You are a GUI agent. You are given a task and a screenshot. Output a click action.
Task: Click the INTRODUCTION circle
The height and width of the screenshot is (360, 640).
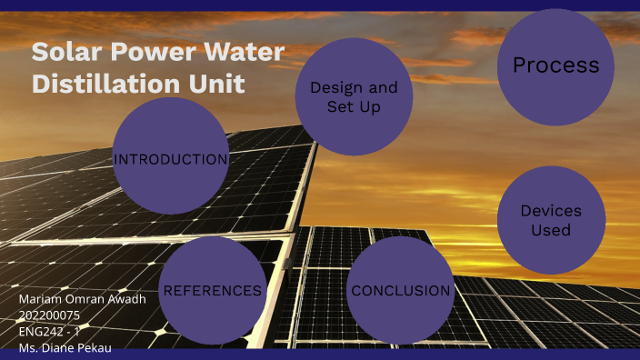coord(170,159)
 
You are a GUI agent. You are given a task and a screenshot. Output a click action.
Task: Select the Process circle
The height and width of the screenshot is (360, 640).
coord(555,66)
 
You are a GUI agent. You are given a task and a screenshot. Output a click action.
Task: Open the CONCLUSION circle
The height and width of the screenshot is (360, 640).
coord(401,291)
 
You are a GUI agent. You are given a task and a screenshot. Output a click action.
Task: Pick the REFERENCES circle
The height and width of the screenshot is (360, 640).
coord(212,291)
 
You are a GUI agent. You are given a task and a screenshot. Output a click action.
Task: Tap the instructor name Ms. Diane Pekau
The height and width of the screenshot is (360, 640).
coord(65,347)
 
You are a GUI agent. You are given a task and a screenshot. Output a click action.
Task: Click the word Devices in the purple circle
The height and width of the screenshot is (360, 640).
coord(551,211)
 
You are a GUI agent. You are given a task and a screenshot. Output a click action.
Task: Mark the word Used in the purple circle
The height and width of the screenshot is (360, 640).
coord(551,231)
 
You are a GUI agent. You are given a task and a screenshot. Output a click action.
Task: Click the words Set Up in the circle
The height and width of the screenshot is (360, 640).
coord(354,107)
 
